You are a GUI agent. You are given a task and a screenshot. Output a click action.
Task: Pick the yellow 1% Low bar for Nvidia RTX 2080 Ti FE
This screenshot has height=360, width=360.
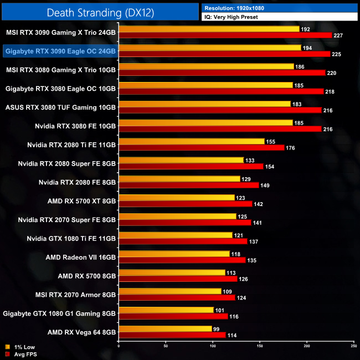point(192,141)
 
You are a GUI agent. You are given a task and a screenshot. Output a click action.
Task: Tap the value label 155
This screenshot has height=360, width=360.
point(270,141)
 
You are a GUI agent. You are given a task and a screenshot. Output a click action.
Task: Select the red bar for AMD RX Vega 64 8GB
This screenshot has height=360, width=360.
point(172,335)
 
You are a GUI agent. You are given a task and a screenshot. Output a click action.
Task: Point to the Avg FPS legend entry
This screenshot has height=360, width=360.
point(21,354)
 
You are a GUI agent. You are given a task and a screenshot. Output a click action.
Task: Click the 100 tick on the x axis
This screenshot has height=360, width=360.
point(213,346)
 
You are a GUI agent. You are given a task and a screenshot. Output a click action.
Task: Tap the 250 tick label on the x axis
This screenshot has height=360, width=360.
point(353,346)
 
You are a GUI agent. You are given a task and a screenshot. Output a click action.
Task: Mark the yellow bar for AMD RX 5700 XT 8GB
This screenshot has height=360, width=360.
point(177,197)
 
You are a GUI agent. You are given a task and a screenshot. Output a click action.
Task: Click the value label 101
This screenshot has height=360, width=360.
point(219,310)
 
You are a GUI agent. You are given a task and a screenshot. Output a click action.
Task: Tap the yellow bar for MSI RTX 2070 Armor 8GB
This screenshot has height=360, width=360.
point(170,291)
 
